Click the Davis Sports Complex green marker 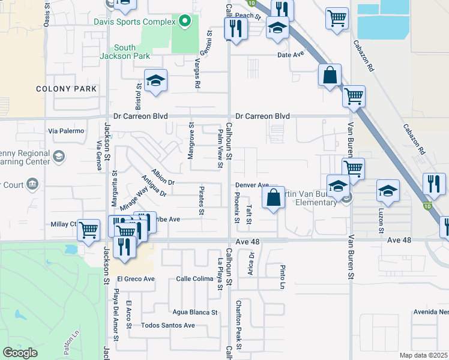tap(185, 22)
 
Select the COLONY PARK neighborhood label tap(66, 89)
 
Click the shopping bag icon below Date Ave tap(330, 77)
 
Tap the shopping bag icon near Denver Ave tap(273, 197)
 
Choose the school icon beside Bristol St tap(155, 82)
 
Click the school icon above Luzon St tap(388, 191)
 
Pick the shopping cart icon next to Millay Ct tap(89, 230)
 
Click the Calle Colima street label tap(194, 278)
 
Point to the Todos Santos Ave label tap(168, 325)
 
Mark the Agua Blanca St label tap(194, 312)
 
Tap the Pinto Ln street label tap(282, 277)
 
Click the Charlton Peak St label tap(239, 325)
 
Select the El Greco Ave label tap(136, 278)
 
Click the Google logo tap(20, 352)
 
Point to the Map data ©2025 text tap(423, 355)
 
